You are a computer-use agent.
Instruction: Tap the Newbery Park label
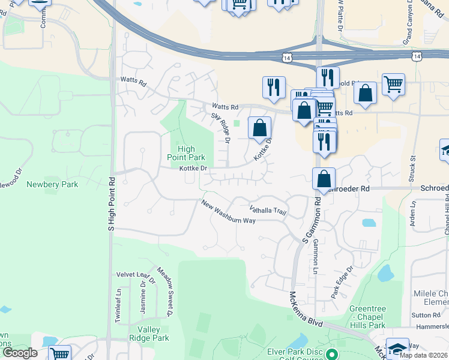(x=52, y=184)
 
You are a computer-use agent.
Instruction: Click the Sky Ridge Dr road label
(x=220, y=128)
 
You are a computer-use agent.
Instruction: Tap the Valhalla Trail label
(x=268, y=210)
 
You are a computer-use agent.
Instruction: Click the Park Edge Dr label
(x=343, y=282)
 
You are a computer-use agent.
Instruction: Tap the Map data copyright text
(x=423, y=355)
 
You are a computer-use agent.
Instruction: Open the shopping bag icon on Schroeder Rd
(x=324, y=178)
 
